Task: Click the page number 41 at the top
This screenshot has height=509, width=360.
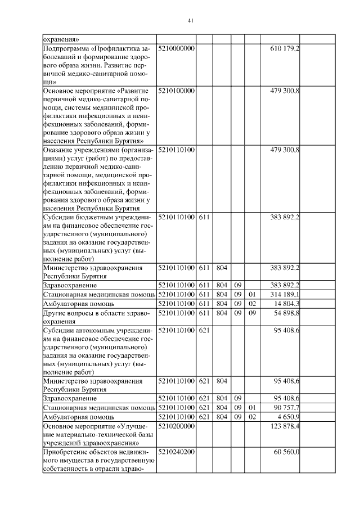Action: [x=190, y=21]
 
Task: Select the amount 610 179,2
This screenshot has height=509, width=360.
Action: [x=285, y=49]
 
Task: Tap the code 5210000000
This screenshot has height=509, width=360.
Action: [x=177, y=49]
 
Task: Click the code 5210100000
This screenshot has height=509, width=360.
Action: [x=177, y=90]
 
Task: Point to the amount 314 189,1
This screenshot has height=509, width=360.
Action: [x=285, y=294]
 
